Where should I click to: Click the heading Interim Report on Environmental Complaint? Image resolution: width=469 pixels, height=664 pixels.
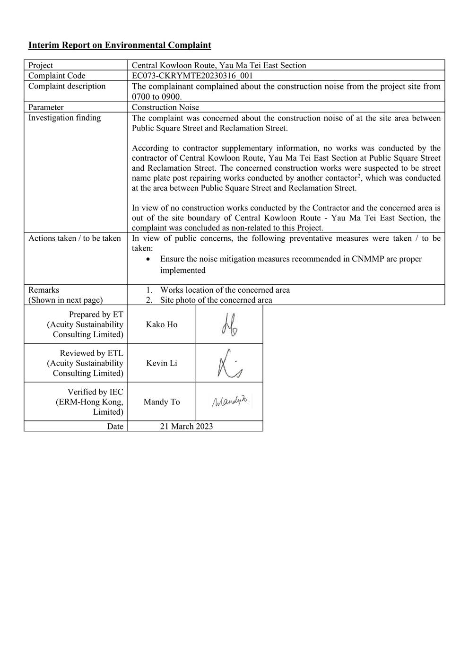coord(120,45)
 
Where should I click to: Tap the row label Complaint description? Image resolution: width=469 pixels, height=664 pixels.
coord(67,86)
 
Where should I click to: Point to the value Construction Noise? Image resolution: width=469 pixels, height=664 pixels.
coord(165,107)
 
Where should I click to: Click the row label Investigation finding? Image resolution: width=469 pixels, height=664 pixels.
coord(64,118)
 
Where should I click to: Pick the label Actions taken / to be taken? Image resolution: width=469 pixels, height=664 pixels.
coord(75,238)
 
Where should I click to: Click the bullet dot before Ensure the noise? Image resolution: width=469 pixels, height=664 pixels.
coord(149,259)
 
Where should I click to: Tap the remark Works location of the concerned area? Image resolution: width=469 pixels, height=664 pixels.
coord(225,290)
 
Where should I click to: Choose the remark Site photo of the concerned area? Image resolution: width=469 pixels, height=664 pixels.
coord(216,300)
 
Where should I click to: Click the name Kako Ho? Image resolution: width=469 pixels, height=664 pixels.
coord(162,324)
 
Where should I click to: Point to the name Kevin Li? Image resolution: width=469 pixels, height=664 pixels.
coord(162,363)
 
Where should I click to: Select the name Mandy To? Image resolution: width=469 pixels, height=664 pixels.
coord(162,402)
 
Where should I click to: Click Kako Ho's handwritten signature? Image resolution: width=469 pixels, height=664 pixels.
coord(229,325)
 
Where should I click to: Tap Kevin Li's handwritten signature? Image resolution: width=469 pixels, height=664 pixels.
coord(229,364)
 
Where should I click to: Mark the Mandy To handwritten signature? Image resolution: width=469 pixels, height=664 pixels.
coord(230,402)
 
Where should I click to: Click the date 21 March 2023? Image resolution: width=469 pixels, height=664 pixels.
coord(186,426)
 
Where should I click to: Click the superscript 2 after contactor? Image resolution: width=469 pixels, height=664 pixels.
coord(360,176)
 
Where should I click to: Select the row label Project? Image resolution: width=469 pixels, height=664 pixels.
coord(41,65)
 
